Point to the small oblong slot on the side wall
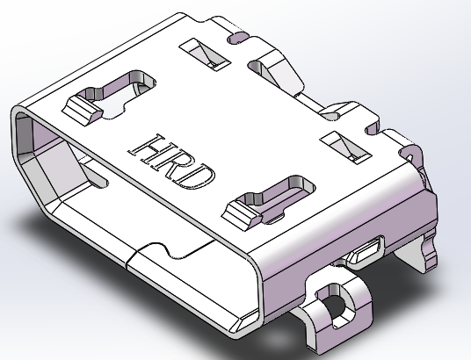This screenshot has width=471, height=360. click(x=365, y=253)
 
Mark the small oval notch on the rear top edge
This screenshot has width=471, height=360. click(x=236, y=38)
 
